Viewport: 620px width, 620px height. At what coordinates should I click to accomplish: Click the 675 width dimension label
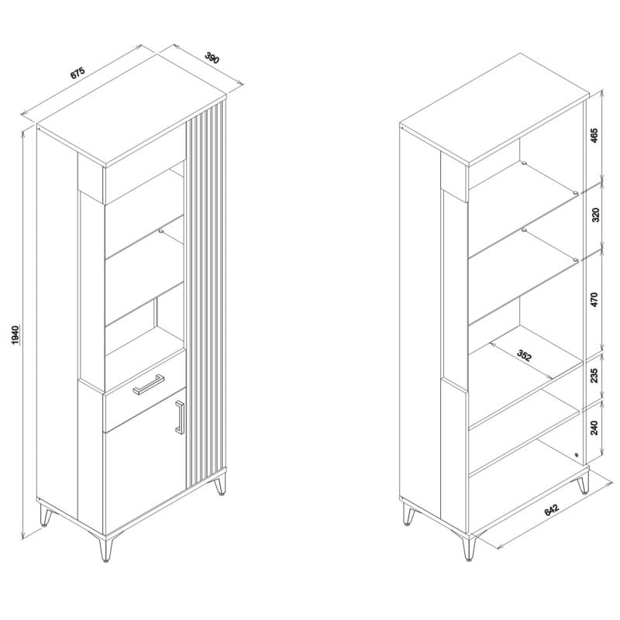[78, 73]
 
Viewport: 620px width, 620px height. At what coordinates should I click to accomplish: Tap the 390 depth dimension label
[212, 57]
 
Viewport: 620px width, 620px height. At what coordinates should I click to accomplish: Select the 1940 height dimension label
[15, 335]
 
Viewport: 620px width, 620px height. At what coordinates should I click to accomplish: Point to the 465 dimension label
[594, 136]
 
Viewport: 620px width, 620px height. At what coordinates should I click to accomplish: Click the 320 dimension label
[595, 215]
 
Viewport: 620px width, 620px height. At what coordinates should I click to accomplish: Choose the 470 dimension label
[594, 300]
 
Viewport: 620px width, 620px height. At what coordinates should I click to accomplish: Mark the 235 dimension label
[594, 376]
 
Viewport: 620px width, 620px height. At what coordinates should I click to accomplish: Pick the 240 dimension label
[594, 428]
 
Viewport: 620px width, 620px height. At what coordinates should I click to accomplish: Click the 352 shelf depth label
[525, 356]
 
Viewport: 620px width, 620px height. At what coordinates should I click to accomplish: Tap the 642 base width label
[552, 509]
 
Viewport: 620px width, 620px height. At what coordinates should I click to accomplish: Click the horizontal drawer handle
[148, 384]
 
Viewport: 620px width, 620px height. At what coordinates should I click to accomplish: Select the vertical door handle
[180, 417]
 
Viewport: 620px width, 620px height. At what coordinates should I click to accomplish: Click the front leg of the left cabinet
[105, 549]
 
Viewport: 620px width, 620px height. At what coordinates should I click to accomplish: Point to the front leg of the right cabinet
[468, 548]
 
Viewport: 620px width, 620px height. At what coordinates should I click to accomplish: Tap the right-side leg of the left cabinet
[220, 485]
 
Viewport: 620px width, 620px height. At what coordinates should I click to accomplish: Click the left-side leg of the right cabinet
[409, 515]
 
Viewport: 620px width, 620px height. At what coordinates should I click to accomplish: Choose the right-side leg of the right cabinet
[583, 483]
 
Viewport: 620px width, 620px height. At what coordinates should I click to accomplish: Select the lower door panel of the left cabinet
[145, 463]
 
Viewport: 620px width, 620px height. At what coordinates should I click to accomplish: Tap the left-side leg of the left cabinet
[46, 515]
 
